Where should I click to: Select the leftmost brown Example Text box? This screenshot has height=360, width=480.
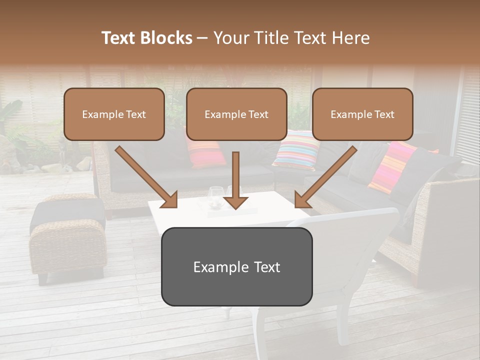click(114, 114)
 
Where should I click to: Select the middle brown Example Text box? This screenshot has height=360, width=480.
click(236, 114)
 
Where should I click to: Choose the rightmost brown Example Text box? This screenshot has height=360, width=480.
click(362, 114)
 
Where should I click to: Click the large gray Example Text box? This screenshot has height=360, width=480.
click(236, 267)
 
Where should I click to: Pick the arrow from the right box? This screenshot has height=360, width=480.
click(325, 177)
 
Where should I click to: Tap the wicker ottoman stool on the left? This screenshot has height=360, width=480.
click(67, 235)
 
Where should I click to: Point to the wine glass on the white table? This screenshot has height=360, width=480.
click(216, 196)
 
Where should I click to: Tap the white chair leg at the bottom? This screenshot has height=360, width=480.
click(261, 335)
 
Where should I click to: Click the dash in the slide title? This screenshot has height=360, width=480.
click(202, 38)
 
